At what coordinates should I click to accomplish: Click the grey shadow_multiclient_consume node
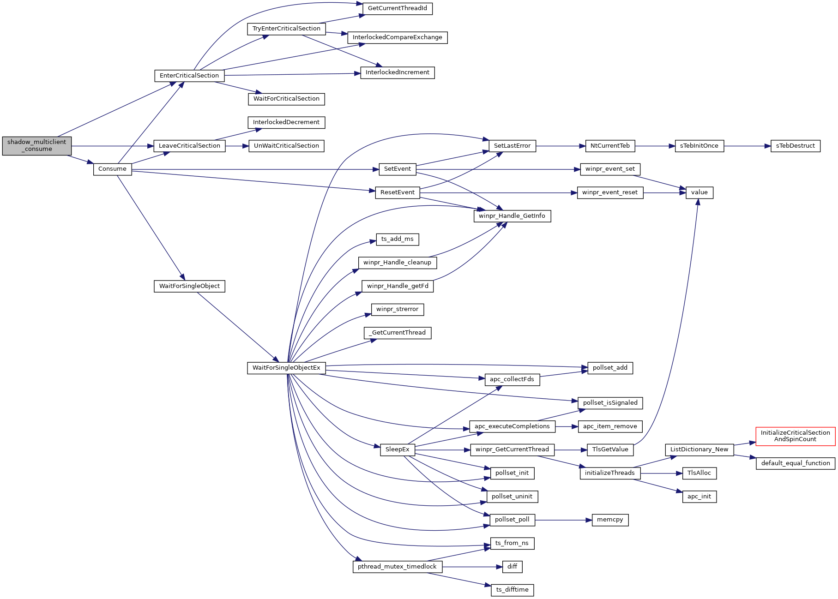coord(37,146)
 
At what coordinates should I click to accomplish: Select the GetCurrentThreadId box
coord(397,8)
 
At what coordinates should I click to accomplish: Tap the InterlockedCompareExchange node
coord(397,37)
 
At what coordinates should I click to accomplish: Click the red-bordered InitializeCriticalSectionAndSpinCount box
coord(795,436)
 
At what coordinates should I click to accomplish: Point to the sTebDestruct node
coord(795,146)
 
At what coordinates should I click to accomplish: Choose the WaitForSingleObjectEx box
coord(286,368)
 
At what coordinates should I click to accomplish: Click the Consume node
coord(112,169)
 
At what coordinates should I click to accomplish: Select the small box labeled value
coord(699,192)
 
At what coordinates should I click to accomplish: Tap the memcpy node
coord(609,520)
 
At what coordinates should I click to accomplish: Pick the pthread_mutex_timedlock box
coord(397,567)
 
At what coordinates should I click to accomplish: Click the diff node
coord(512,566)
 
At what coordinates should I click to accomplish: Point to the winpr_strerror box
coord(397,309)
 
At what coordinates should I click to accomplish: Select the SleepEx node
coord(397,449)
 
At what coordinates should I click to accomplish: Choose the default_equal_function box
coord(795,463)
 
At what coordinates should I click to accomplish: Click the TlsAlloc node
coord(699,473)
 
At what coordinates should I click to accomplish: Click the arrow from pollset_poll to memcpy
coord(563,520)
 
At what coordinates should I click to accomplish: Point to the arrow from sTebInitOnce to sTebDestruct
coord(747,146)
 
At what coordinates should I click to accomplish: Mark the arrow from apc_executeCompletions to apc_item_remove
coord(567,427)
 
